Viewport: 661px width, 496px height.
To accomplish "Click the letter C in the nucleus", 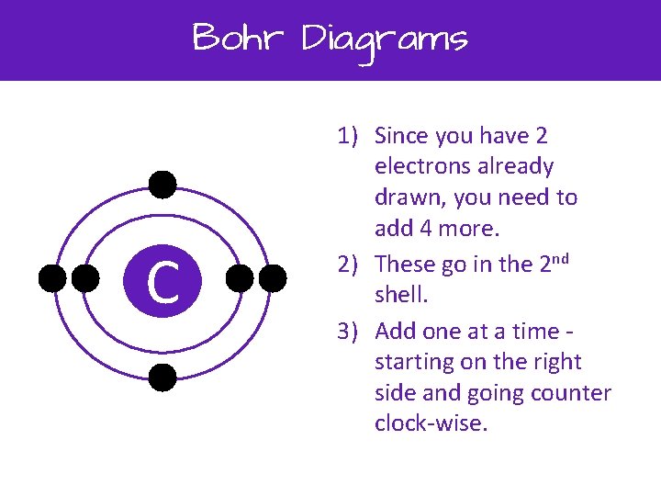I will point(162,281).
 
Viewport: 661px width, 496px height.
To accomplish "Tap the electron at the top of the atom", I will point(162,185).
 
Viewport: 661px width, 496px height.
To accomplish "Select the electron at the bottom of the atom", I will point(162,377).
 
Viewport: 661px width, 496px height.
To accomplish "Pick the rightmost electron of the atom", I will point(272,278).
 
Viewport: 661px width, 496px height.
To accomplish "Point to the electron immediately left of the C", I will point(85,278).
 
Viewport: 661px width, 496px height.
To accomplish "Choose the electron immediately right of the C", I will point(240,278).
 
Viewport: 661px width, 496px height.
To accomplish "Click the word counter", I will point(569,393).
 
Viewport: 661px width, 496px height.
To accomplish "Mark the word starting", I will point(411,363).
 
